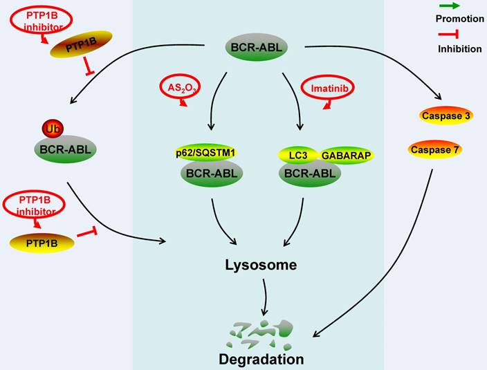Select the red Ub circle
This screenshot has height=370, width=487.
[x=52, y=129]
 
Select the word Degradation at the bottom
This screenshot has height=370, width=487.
[x=261, y=359]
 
